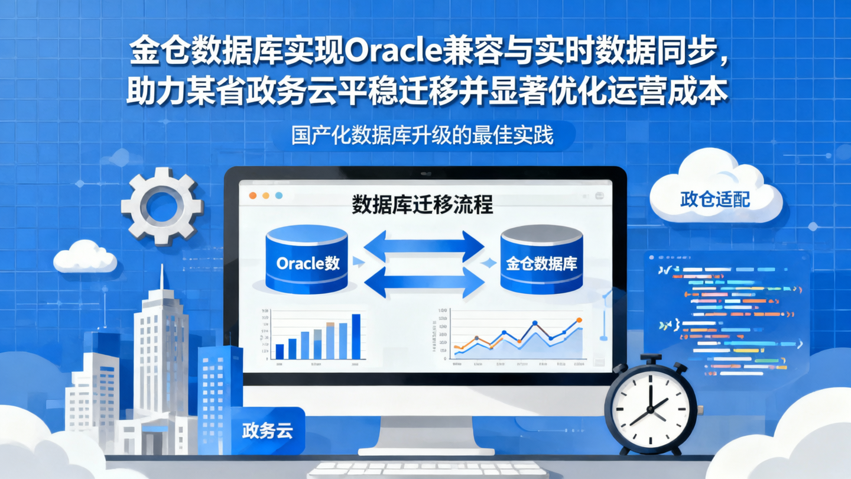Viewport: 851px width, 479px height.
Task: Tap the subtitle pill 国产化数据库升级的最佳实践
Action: (423, 136)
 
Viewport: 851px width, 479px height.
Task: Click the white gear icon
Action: (161, 206)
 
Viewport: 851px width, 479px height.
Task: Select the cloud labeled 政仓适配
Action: (716, 195)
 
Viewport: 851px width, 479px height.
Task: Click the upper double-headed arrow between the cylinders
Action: (424, 245)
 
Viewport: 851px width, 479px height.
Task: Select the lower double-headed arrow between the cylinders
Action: (424, 282)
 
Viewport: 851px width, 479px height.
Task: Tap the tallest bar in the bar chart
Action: (356, 336)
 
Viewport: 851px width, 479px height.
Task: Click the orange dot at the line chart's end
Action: (579, 320)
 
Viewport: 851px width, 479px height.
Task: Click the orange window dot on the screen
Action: (253, 195)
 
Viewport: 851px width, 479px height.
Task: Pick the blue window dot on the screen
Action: (279, 195)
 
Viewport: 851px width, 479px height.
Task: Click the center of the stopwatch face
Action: (650, 409)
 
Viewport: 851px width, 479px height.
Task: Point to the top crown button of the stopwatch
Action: (650, 359)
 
